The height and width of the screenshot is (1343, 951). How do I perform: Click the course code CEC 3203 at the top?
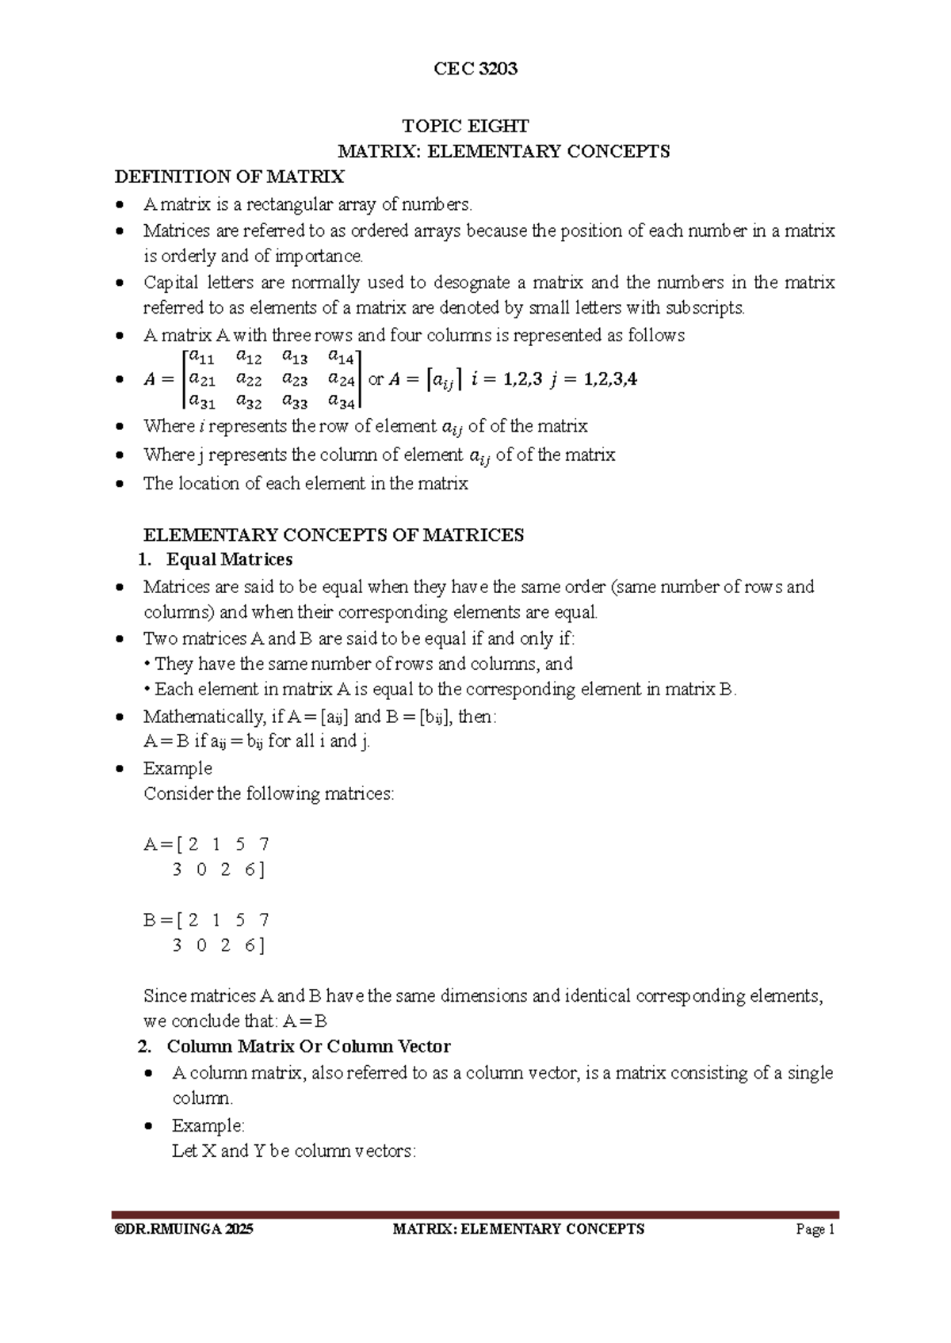pyautogui.click(x=475, y=69)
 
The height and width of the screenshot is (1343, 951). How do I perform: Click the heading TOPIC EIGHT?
pyautogui.click(x=465, y=126)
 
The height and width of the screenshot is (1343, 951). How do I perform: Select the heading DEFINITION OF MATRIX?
pyautogui.click(x=230, y=176)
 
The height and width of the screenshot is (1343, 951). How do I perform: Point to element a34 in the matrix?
pyautogui.click(x=342, y=402)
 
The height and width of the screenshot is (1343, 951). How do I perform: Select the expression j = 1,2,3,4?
pyautogui.click(x=593, y=379)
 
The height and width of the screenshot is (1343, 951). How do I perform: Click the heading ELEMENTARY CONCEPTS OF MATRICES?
pyautogui.click(x=334, y=535)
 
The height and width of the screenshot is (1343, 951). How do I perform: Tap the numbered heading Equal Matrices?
pyautogui.click(x=229, y=560)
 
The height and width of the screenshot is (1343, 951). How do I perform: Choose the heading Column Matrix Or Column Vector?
pyautogui.click(x=308, y=1047)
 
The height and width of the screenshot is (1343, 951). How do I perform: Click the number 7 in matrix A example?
pyautogui.click(x=264, y=844)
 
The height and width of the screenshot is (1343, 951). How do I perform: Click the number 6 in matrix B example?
pyautogui.click(x=250, y=945)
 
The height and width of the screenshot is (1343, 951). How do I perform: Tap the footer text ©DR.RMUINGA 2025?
pyautogui.click(x=184, y=1230)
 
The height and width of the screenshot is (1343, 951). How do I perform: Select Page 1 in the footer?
pyautogui.click(x=815, y=1230)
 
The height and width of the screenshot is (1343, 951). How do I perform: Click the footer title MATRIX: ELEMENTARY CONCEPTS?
pyautogui.click(x=518, y=1230)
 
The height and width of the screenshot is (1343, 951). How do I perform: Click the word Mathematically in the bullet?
pyautogui.click(x=204, y=717)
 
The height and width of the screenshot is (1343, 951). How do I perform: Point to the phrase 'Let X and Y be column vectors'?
pyautogui.click(x=293, y=1151)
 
